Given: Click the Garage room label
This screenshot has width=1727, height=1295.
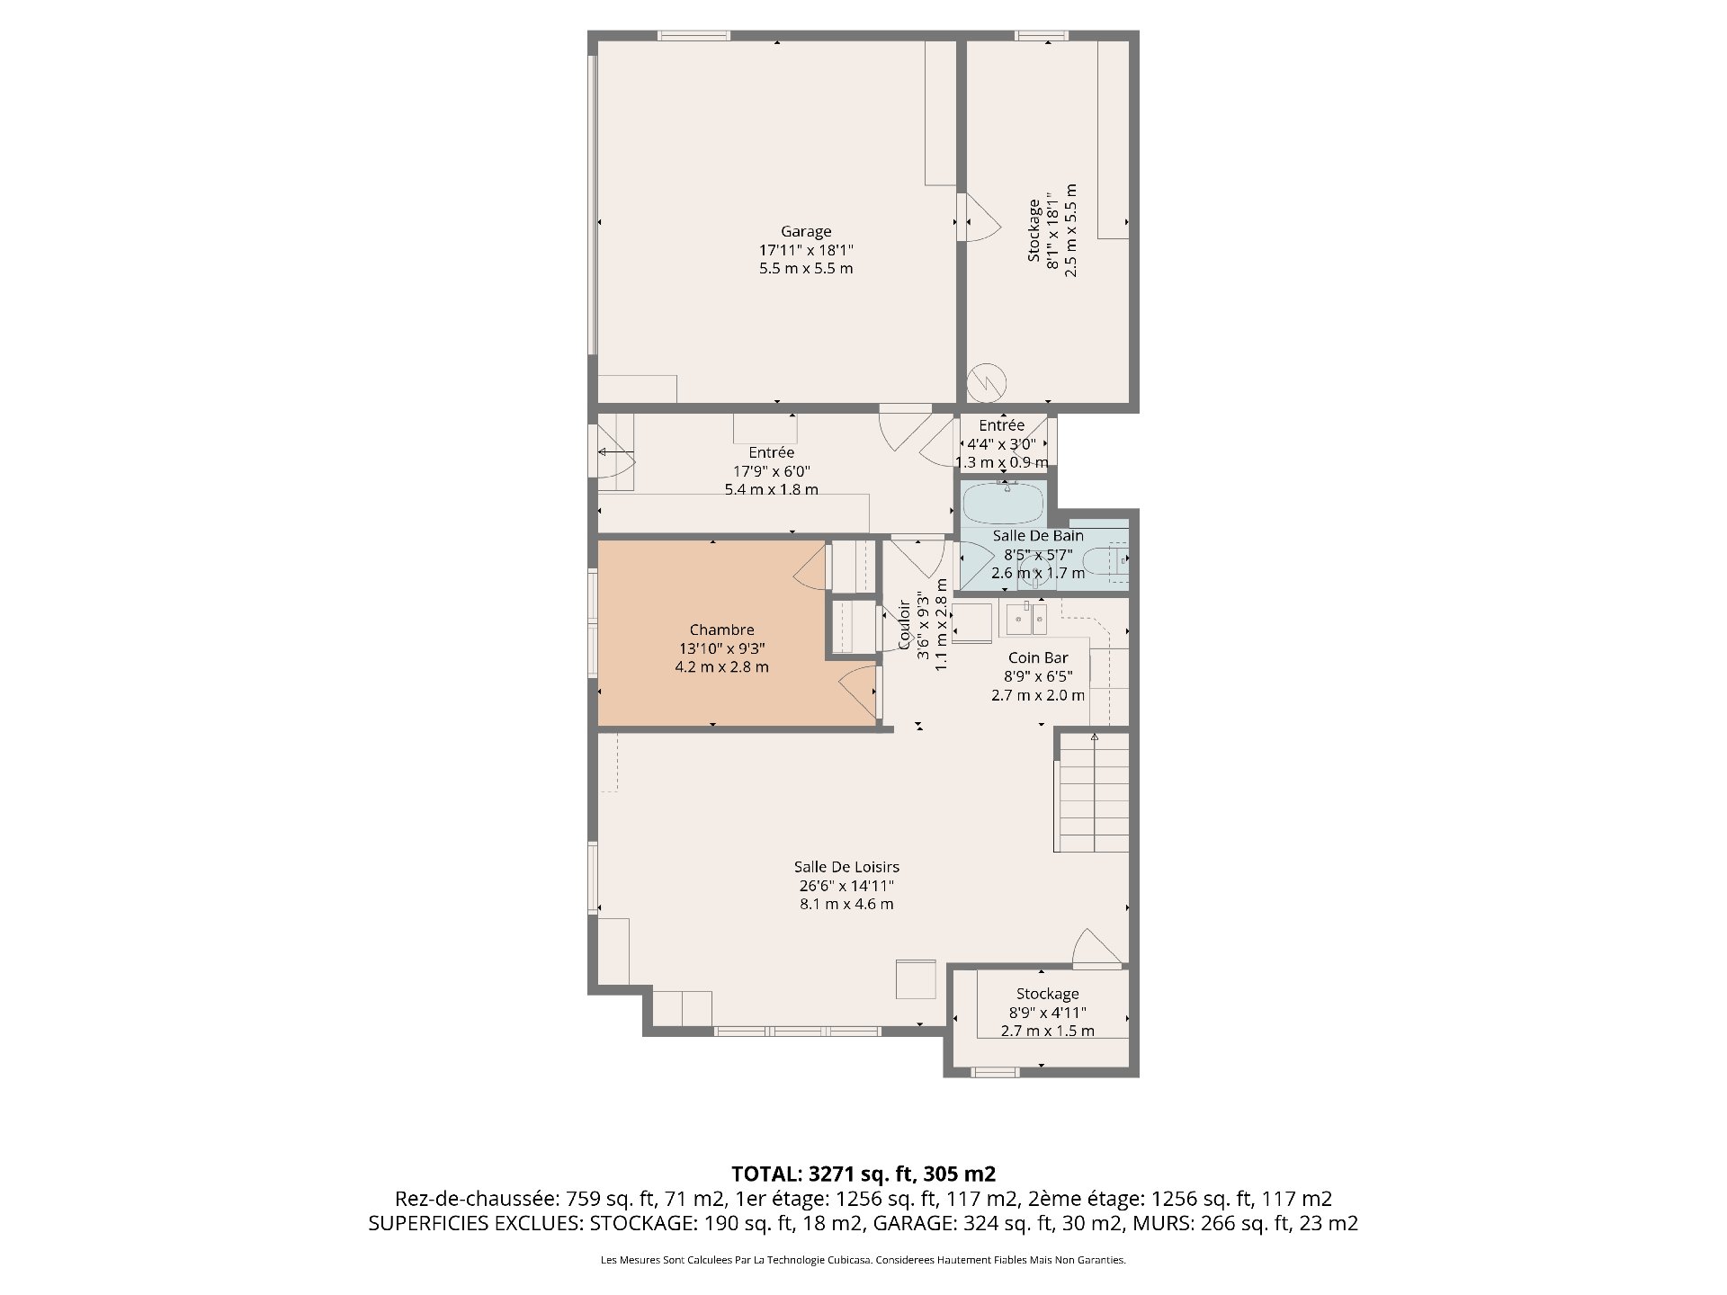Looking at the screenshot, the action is [x=806, y=231].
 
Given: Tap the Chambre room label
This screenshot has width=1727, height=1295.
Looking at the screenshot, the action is [x=721, y=630].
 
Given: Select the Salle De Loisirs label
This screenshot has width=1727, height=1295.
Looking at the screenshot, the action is [x=846, y=867].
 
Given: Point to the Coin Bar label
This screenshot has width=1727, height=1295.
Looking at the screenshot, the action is [x=1038, y=657].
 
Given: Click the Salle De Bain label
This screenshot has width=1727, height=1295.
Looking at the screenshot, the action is [x=1038, y=535].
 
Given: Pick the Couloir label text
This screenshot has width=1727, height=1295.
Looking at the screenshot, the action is [x=905, y=624].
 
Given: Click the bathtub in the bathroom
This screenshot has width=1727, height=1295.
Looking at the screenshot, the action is [x=1004, y=504].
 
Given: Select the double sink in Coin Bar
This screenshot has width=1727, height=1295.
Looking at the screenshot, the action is [x=1027, y=620].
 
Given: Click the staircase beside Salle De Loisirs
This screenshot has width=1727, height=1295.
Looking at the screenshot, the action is [x=1092, y=792].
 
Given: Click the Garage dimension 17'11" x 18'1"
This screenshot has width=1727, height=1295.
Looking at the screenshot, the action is [x=806, y=250].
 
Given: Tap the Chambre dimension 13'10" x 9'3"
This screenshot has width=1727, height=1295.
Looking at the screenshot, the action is [x=721, y=648].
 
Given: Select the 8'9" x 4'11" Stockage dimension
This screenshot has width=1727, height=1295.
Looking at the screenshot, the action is [x=1047, y=1013].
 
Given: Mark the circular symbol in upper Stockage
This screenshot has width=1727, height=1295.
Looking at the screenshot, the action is [x=986, y=381].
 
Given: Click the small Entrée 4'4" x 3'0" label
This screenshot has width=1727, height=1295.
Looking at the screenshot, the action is [x=1001, y=443].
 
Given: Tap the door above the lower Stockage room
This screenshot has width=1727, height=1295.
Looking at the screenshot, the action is [x=1095, y=949].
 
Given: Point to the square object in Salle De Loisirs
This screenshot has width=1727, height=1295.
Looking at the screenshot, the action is [x=916, y=979].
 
